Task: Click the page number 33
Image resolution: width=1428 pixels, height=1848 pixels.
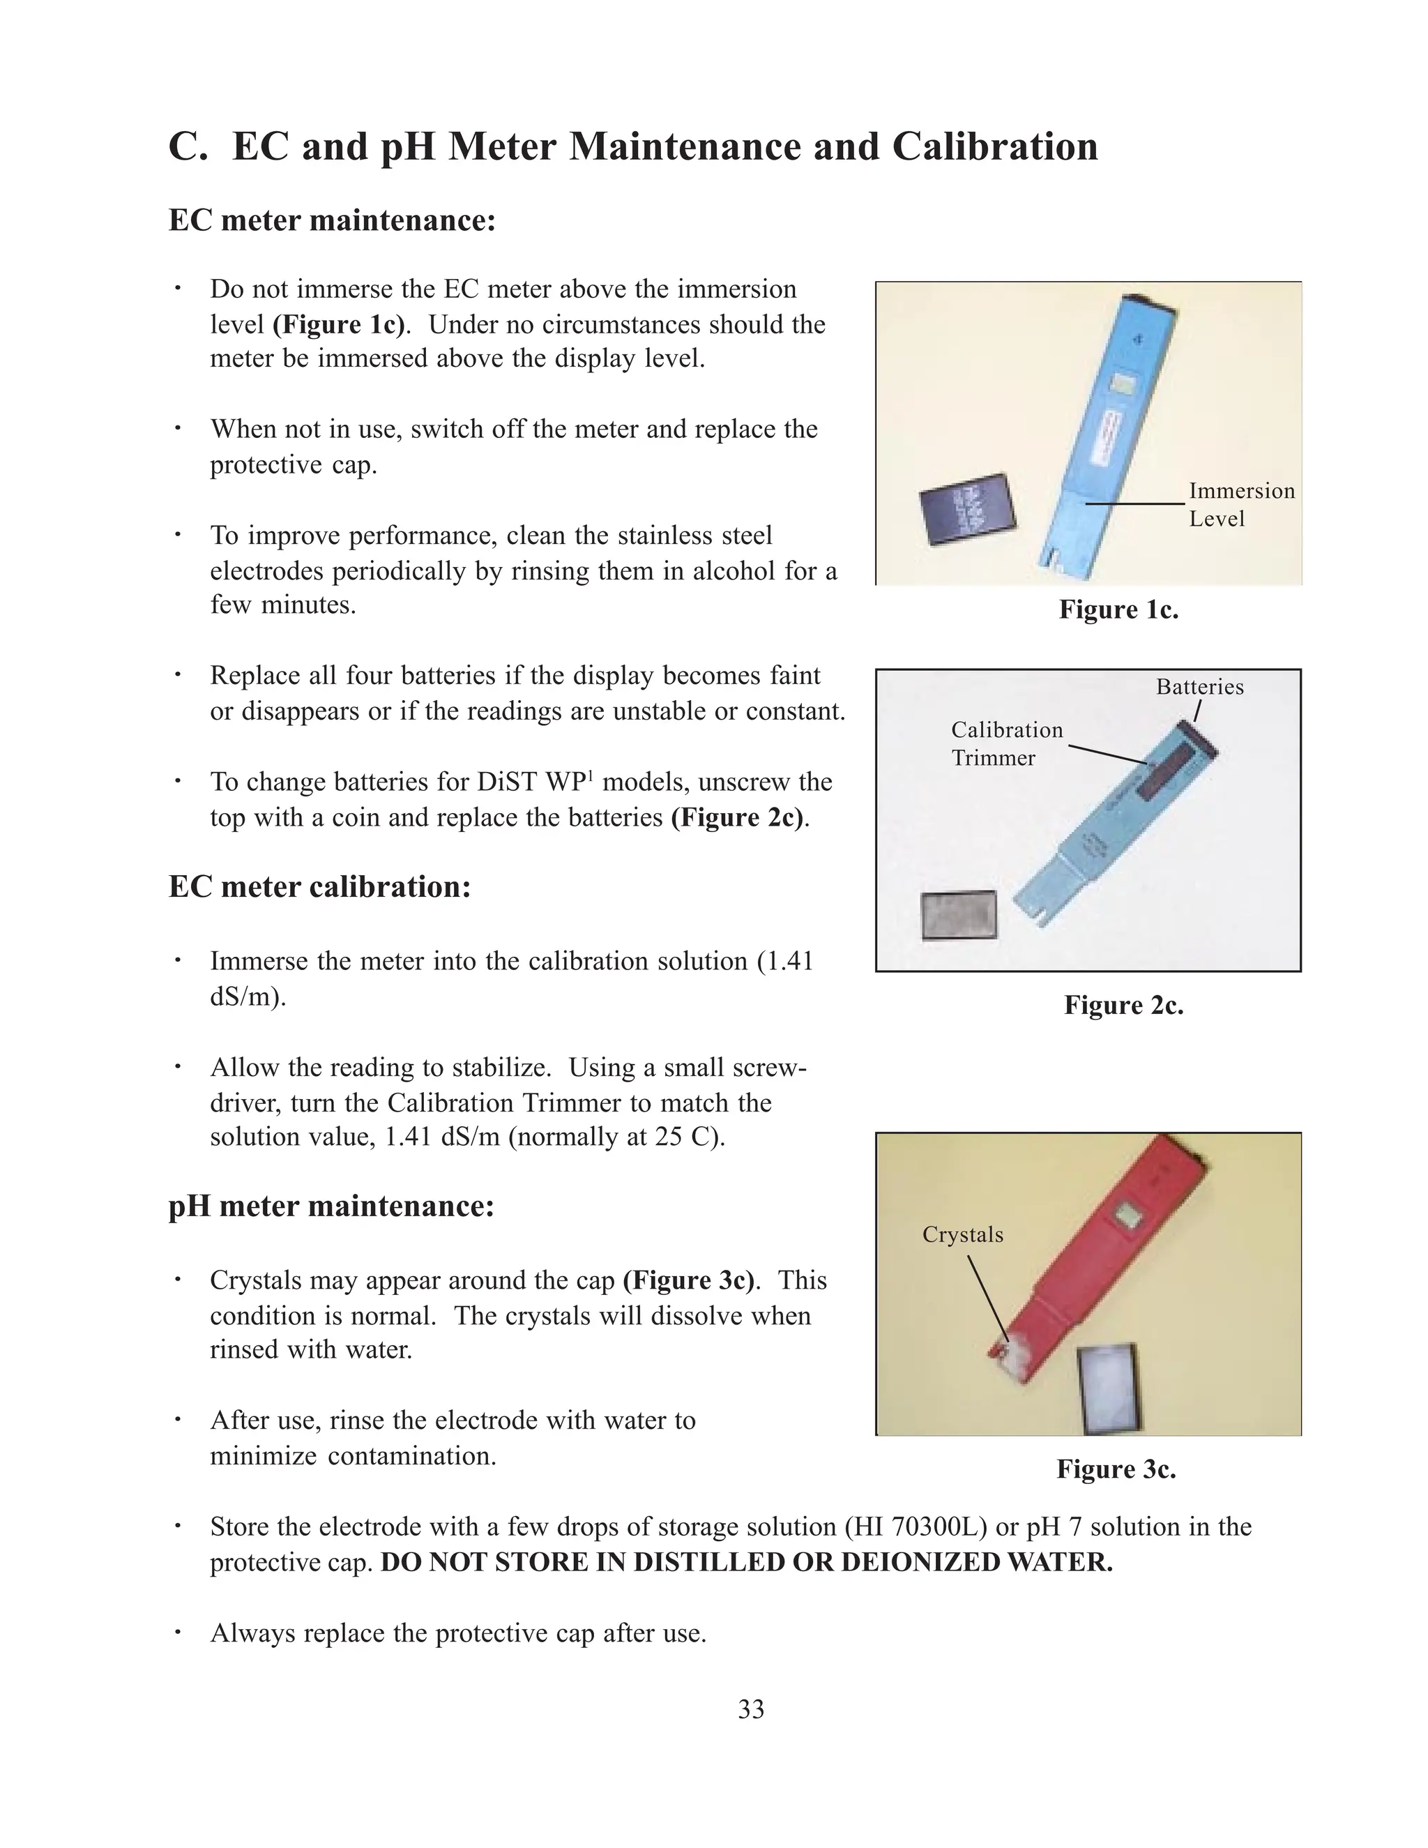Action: [750, 1709]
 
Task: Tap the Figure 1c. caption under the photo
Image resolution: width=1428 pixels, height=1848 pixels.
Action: [1118, 609]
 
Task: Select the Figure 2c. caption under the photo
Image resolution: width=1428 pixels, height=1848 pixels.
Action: [1123, 1005]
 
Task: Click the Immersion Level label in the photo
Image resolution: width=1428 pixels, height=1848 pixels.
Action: [1241, 504]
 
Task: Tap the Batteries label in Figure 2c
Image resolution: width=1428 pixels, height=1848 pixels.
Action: [1199, 687]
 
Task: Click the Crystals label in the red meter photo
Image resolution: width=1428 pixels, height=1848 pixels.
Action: [963, 1234]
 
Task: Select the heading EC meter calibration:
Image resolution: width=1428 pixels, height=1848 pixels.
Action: [320, 887]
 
